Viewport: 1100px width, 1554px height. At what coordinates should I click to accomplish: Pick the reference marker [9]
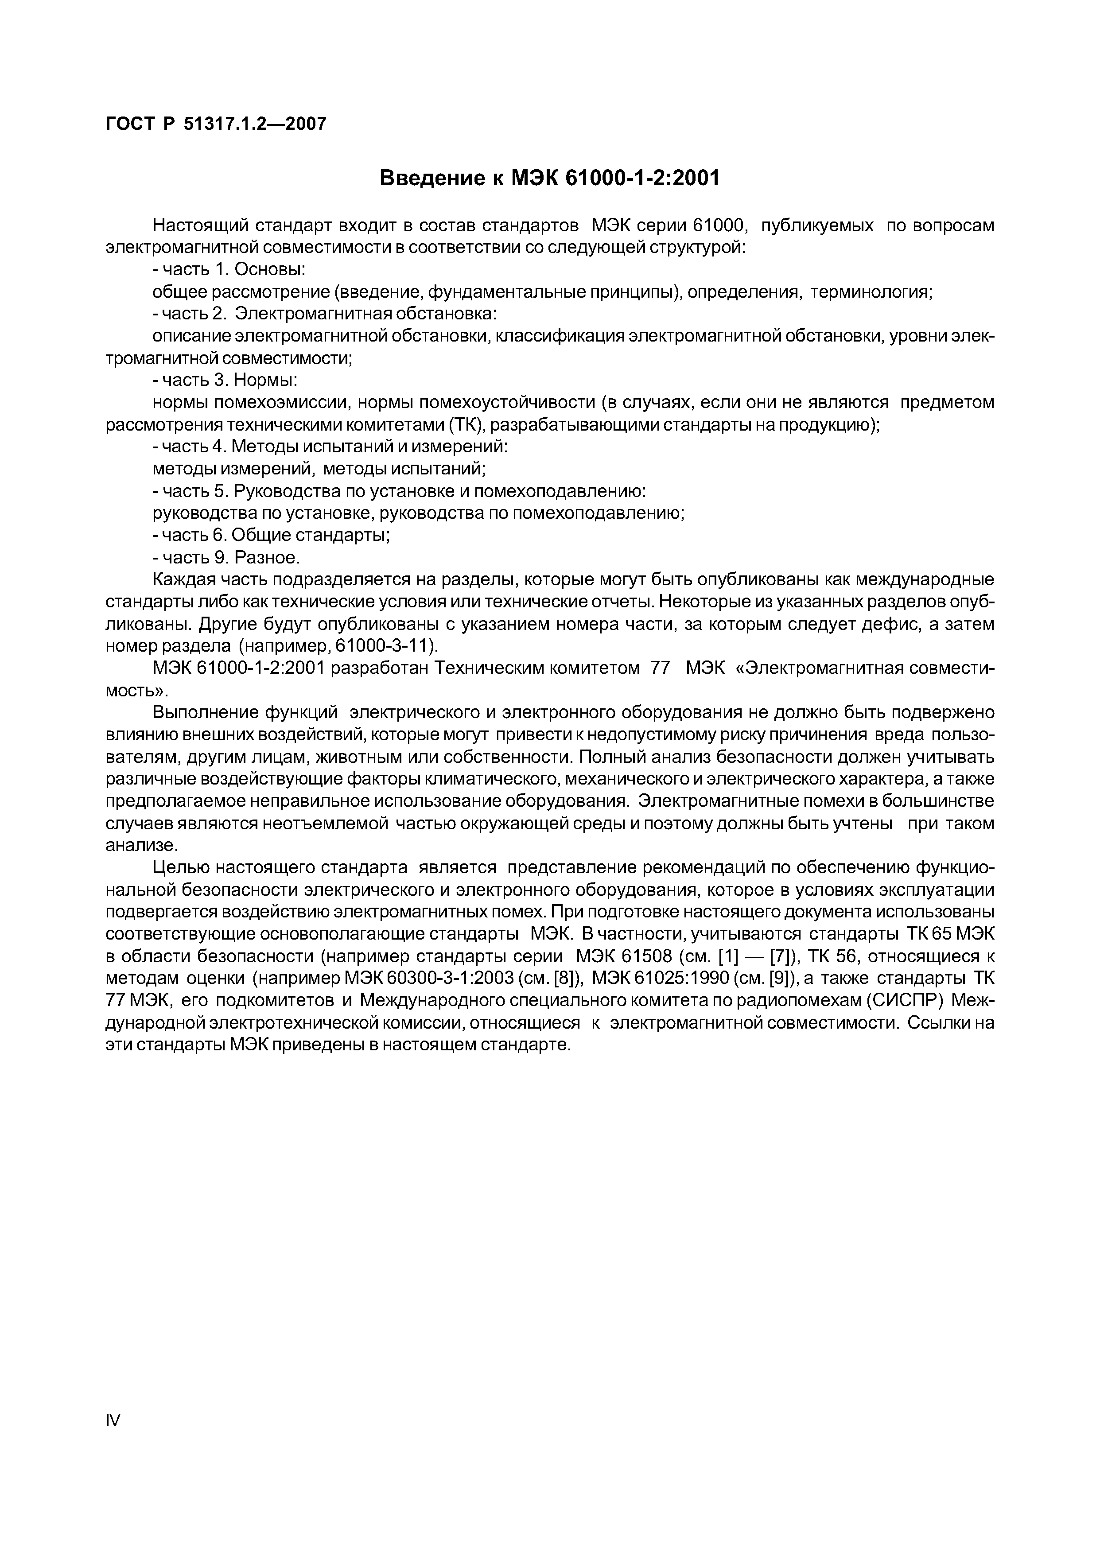(770, 979)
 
